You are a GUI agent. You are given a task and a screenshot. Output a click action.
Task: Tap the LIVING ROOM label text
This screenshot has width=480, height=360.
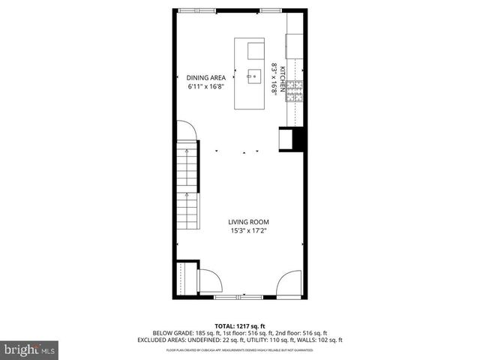point(248,222)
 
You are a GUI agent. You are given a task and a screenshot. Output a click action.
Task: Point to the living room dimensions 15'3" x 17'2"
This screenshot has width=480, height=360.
point(248,231)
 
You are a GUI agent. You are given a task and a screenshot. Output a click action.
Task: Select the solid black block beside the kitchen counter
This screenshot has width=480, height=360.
point(297,140)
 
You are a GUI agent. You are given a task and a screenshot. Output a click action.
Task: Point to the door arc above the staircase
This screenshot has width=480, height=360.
point(187,132)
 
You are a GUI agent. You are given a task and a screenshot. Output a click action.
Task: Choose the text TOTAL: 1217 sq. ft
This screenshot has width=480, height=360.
point(239,325)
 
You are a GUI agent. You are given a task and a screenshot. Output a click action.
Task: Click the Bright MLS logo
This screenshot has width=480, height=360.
point(29,349)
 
